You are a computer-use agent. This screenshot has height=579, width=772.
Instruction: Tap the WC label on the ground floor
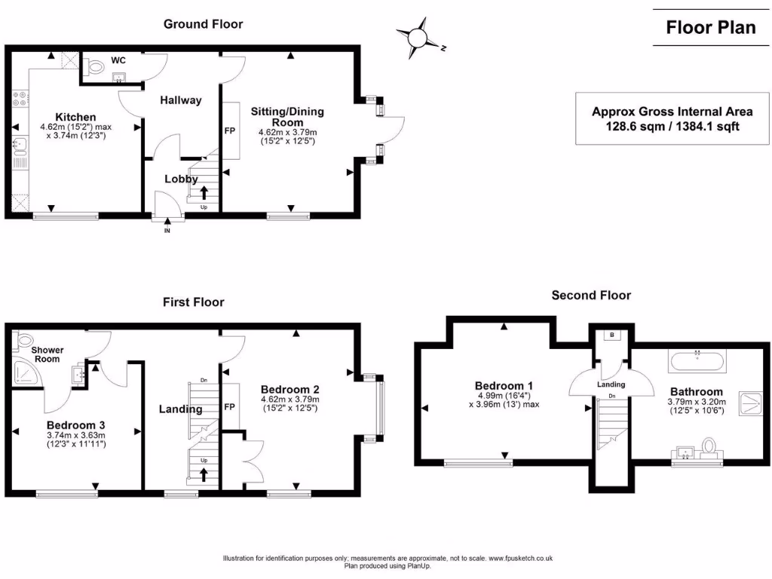click(118, 60)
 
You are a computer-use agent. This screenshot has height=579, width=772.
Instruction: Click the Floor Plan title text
click(710, 28)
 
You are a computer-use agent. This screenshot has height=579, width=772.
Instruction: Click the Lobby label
click(181, 179)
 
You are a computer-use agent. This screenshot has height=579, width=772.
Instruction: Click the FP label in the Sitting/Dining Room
click(230, 130)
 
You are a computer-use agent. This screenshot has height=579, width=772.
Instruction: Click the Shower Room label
click(47, 354)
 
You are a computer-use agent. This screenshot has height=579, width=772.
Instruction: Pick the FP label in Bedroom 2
click(230, 407)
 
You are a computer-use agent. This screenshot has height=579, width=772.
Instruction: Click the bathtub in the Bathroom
click(697, 361)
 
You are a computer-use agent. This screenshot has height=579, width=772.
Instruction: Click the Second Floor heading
click(591, 296)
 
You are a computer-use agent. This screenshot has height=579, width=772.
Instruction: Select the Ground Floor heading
click(204, 24)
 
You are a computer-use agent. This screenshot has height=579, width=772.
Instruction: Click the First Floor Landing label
click(180, 409)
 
